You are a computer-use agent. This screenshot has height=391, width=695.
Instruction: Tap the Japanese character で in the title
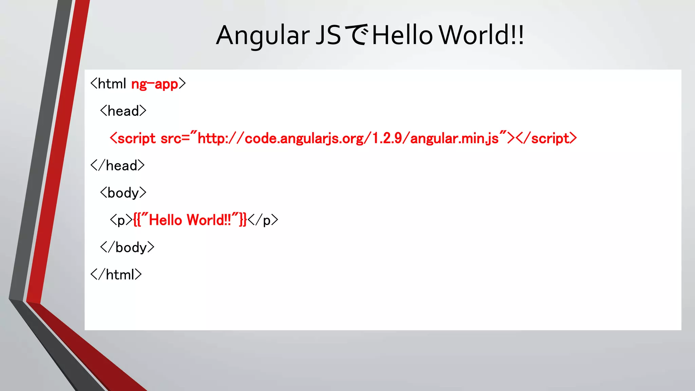(356, 35)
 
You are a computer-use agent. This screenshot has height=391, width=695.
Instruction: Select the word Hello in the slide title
(402, 35)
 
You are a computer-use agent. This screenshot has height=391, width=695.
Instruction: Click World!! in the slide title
(481, 35)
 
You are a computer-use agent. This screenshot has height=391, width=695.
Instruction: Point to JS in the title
(328, 35)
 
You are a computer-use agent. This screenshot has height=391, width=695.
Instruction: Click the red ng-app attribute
(155, 84)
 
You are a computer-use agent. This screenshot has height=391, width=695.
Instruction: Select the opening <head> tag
(123, 111)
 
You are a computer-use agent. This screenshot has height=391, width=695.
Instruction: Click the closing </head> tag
(118, 166)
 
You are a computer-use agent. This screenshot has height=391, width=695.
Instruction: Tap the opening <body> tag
(123, 193)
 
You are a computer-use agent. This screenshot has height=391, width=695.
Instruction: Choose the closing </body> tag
(127, 247)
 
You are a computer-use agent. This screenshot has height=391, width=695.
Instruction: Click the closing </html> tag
(116, 275)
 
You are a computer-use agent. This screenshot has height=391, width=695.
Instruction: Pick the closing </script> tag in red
(546, 138)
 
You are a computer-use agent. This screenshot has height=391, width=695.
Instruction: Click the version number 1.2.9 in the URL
(387, 138)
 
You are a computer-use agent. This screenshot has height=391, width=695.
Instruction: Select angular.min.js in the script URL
(454, 138)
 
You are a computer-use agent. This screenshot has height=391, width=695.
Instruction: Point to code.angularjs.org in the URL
(304, 138)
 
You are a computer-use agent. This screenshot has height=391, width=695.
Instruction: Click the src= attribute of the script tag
(175, 138)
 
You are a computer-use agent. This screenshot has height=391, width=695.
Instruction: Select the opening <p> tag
(121, 220)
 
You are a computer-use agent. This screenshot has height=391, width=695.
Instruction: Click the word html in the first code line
(112, 84)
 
